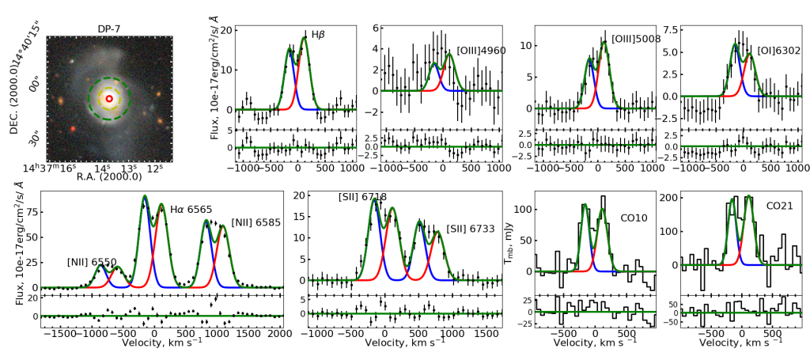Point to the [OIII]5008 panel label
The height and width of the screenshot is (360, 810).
pyautogui.click(x=635, y=38)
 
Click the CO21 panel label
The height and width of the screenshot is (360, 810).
pyautogui.click(x=781, y=206)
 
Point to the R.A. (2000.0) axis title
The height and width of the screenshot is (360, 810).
pyautogui.click(x=108, y=179)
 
